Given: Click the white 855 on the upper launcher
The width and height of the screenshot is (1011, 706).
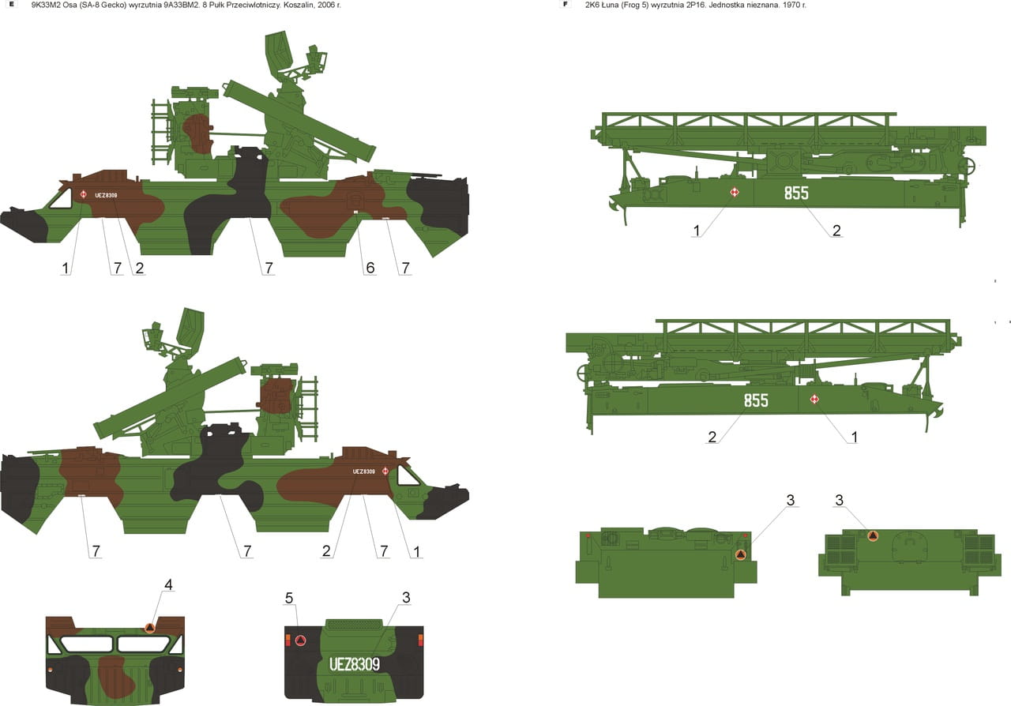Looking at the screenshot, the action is (x=796, y=193).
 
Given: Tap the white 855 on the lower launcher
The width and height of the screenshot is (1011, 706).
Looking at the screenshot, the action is (x=756, y=400).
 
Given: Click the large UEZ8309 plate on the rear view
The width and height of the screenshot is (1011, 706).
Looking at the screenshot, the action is (x=355, y=664).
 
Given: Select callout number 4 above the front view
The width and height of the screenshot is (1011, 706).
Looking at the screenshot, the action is (x=168, y=585).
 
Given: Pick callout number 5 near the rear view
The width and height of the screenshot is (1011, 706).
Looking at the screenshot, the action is (x=289, y=598).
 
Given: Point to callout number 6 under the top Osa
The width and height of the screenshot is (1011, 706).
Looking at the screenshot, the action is (x=370, y=269).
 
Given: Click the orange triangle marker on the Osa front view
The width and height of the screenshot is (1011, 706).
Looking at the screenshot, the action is (x=150, y=628).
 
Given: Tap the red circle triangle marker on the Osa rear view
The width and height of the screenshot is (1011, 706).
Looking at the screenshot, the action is (x=300, y=640).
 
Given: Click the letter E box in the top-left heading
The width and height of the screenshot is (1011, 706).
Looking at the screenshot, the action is (x=12, y=5).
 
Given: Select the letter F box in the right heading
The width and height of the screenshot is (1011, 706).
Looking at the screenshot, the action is (x=565, y=5).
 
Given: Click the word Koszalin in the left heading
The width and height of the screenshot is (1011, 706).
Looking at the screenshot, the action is (x=298, y=5).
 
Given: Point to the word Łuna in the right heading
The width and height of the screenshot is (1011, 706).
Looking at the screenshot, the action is (x=614, y=5).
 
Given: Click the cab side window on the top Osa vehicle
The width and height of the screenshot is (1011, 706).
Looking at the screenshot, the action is (x=61, y=199).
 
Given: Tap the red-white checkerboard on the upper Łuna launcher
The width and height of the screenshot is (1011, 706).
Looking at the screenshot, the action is (x=735, y=193).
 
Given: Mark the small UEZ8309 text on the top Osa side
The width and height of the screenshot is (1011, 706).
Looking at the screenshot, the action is (x=106, y=195).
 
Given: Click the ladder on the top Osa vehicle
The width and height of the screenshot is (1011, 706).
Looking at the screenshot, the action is (x=160, y=131).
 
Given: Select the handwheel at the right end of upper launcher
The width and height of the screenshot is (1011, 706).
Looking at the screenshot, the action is (x=968, y=166).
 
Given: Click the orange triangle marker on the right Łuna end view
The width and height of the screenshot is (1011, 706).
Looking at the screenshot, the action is (x=873, y=536).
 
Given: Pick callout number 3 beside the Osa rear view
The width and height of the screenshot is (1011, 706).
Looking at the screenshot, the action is (x=406, y=598).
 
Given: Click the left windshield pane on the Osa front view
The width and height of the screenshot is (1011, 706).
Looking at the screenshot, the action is (x=86, y=644).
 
